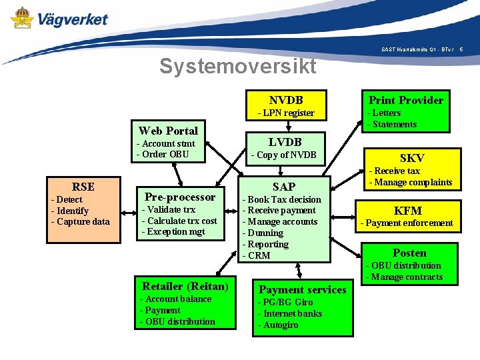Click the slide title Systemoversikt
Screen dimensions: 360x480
tap(237, 66)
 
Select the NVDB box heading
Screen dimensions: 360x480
tap(286, 99)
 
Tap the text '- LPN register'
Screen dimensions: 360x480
tap(286, 113)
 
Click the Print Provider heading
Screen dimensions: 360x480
tap(406, 100)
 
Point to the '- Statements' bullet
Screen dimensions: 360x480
tap(392, 124)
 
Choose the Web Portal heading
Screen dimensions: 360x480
tap(168, 130)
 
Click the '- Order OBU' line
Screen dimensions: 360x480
tap(163, 154)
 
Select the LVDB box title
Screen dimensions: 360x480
tap(285, 141)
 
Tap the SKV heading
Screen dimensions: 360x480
tap(411, 158)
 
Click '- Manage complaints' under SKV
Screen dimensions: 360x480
tap(411, 182)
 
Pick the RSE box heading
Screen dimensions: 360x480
tap(83, 187)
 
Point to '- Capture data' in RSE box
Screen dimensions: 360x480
tap(81, 221)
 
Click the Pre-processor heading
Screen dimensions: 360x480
tap(180, 197)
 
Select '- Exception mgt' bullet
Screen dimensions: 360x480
tap(174, 232)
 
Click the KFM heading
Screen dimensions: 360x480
tap(408, 211)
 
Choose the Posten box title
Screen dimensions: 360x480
tap(409, 253)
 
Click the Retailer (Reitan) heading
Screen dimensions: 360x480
tap(185, 287)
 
